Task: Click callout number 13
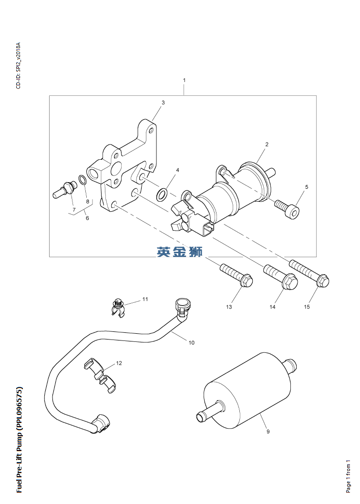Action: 229,307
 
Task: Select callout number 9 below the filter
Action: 268,432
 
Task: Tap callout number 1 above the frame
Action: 184,80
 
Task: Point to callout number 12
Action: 119,363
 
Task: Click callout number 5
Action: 307,187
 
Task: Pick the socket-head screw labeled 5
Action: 288,208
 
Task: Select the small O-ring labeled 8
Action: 82,180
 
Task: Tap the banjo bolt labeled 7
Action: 63,189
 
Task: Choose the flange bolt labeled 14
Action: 281,278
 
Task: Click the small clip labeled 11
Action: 118,308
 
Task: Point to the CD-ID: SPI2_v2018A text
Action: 19,66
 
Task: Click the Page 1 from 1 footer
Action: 348,476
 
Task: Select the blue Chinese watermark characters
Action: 180,251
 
